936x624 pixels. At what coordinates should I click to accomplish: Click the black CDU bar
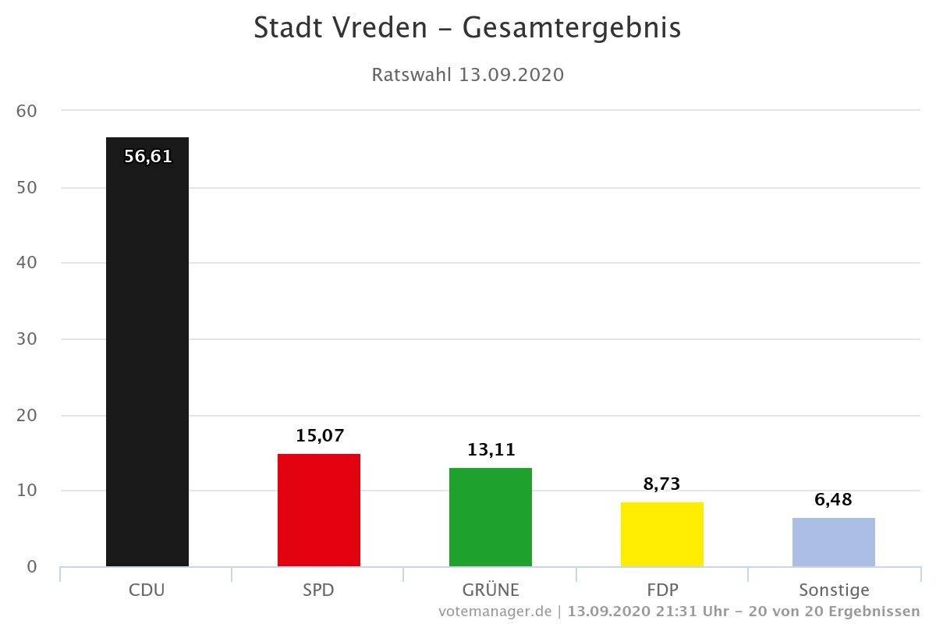pos(147,351)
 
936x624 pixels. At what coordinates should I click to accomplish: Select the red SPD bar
pos(319,510)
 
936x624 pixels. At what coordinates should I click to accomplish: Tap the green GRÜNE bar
pos(491,517)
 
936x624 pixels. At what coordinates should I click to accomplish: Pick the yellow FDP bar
pos(662,534)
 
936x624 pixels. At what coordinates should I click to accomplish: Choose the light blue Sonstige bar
pos(834,542)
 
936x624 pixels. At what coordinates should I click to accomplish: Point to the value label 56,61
pos(148,156)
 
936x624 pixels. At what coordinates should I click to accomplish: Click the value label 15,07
pos(320,435)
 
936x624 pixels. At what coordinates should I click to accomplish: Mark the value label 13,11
pos(491,449)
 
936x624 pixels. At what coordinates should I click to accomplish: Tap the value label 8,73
pos(662,484)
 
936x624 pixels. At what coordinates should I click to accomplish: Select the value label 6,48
pos(834,499)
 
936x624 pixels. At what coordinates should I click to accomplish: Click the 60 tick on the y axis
pos(27,111)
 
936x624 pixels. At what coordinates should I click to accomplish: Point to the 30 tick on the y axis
pos(27,339)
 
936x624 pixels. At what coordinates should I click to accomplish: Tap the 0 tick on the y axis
pos(31,566)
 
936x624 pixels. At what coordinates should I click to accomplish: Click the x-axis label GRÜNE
pos(491,590)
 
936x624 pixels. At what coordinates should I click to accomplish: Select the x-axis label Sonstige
pos(834,590)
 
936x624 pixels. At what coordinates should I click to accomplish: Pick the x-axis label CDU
pos(147,590)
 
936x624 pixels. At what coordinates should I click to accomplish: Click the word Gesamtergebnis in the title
pos(572,28)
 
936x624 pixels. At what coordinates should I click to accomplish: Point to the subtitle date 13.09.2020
pos(511,75)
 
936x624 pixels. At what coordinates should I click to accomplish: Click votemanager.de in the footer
pos(495,610)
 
